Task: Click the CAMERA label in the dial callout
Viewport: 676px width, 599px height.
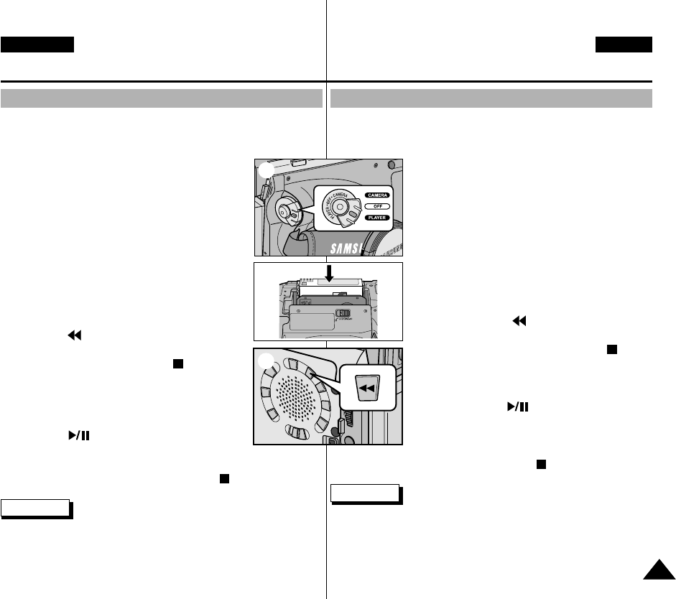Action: pos(378,195)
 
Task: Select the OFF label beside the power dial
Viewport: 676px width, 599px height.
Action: pos(378,206)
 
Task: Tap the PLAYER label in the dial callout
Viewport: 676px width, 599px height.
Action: pos(378,217)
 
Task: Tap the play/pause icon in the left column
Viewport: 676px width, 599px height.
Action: pos(75,436)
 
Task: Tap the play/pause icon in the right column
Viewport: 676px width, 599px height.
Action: pos(517,407)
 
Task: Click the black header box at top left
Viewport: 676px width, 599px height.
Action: pos(37,45)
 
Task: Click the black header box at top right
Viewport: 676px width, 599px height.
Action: pos(624,45)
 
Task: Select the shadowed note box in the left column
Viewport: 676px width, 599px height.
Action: pos(35,509)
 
